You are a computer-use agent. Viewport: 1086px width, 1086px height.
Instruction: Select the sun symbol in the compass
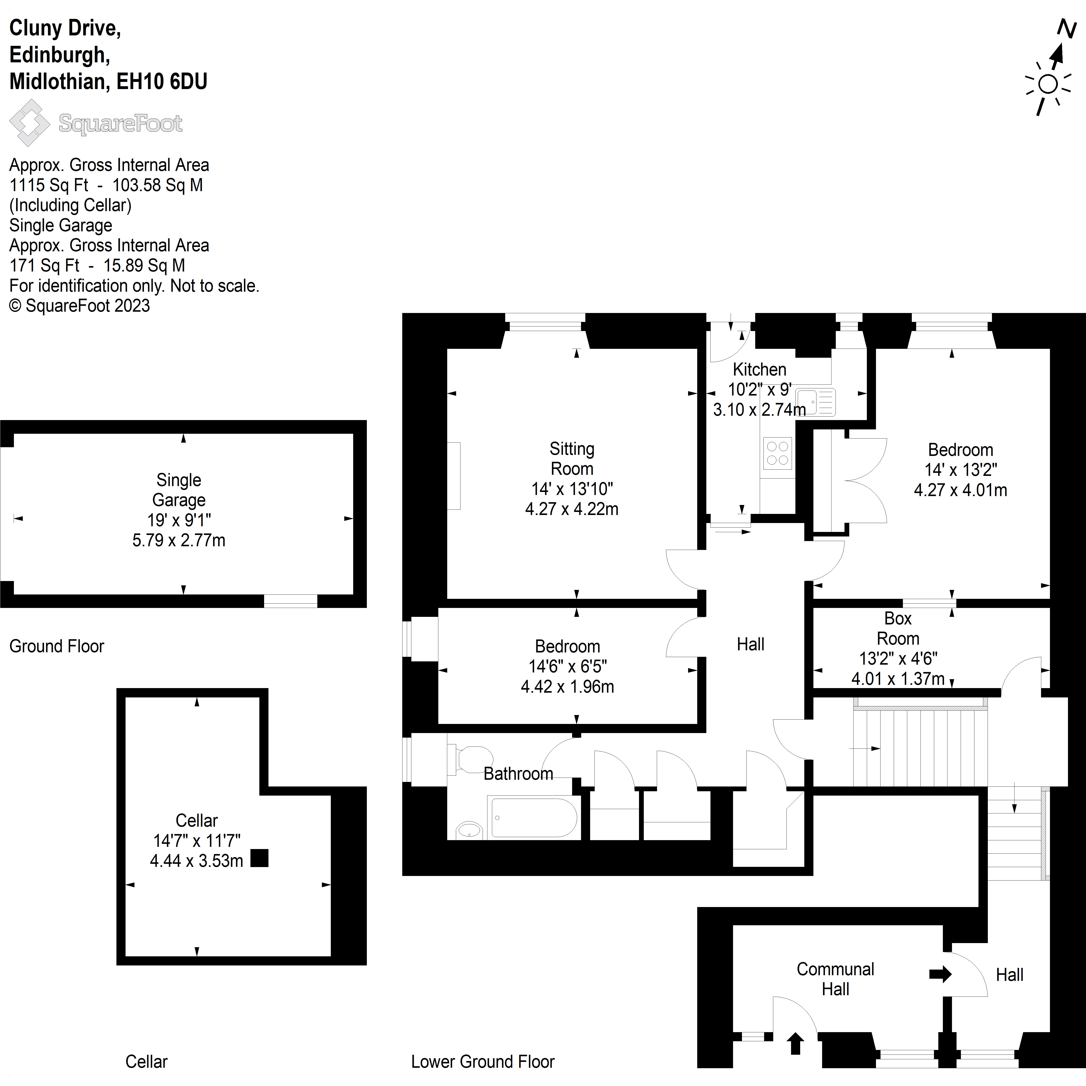(1048, 84)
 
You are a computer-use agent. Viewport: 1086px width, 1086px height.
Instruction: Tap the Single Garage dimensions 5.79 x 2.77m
(179, 540)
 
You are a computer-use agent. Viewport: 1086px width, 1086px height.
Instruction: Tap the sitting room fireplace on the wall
(454, 476)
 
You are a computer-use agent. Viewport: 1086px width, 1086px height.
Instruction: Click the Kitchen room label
(759, 369)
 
